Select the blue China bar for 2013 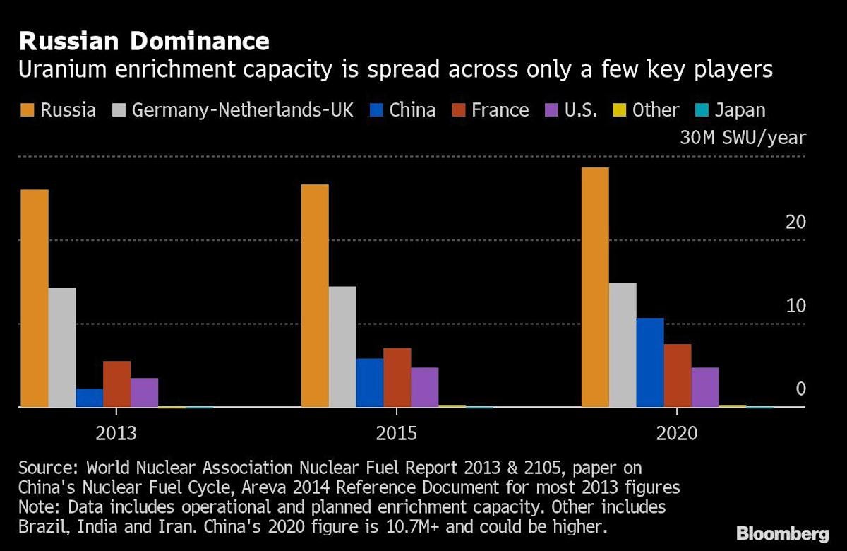point(90,398)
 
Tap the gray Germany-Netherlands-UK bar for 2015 point(342,347)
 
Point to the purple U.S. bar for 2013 point(145,393)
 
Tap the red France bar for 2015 point(397,377)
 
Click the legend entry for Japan point(739,110)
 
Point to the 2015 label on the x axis point(397,432)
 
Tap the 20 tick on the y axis point(795,223)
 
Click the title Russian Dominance point(144,41)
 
